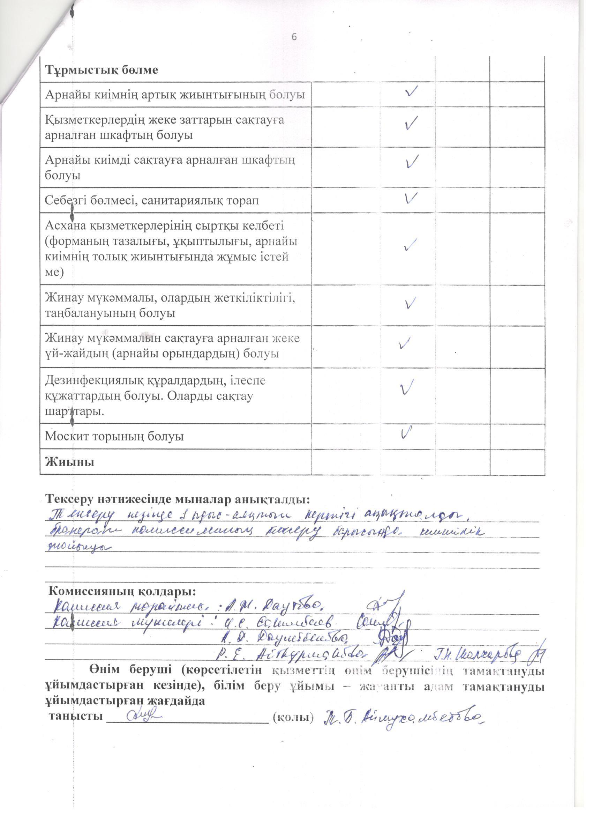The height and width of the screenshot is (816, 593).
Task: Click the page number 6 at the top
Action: (294, 37)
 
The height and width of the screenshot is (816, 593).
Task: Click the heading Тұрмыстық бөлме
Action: (102, 70)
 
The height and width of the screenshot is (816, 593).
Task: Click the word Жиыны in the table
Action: (69, 462)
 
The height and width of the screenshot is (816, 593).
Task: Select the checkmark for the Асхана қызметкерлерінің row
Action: (410, 245)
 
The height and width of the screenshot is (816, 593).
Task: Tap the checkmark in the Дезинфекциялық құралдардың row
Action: (406, 387)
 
